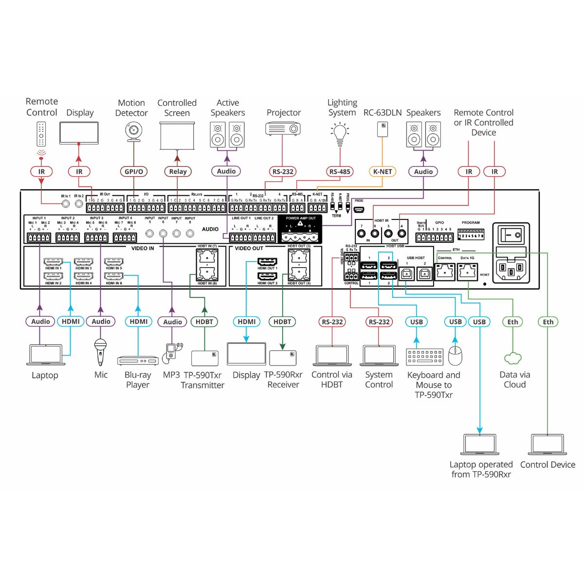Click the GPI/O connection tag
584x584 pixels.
134,171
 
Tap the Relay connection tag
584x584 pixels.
178,171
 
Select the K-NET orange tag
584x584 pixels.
383,171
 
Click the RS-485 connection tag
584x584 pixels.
340,171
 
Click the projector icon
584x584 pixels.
283,129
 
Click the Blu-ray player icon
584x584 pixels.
138,360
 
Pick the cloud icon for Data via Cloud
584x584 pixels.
512,359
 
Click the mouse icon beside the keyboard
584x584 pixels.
455,356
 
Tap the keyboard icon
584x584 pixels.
424,357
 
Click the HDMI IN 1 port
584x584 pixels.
54,262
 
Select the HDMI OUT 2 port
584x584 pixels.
267,276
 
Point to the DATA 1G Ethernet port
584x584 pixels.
468,271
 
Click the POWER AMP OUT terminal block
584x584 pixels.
301,237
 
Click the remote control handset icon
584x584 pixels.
42,134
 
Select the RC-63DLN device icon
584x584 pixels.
383,129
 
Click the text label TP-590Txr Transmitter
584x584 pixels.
202,380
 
